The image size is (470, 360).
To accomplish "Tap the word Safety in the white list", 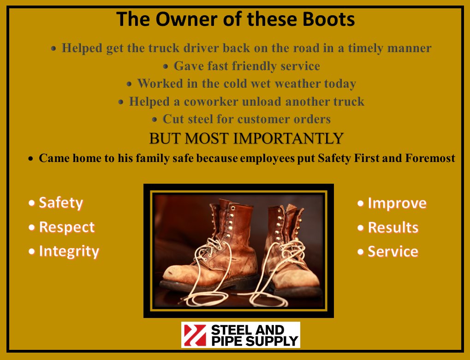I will tap(61, 203).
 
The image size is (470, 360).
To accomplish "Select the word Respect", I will tap(67, 227).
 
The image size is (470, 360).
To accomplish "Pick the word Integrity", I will tap(69, 252).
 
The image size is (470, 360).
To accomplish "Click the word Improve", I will tap(397, 203).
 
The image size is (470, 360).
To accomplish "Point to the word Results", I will tap(393, 228).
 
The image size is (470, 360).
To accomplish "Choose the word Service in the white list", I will tap(393, 252).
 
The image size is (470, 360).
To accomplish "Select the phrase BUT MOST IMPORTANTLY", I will tap(246, 138).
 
